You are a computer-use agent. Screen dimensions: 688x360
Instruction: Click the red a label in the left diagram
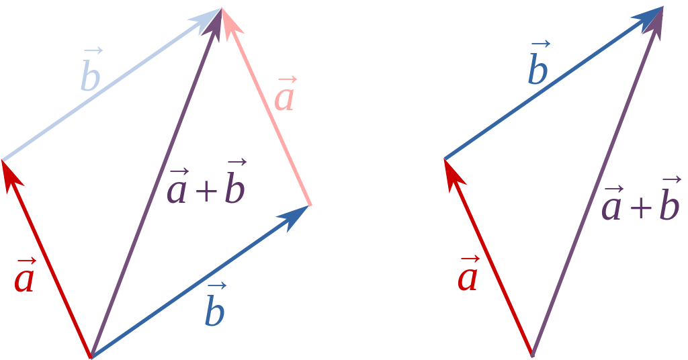click(x=24, y=277)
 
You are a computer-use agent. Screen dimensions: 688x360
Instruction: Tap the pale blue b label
click(x=90, y=75)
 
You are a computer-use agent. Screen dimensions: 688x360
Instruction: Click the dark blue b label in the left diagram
click(x=215, y=310)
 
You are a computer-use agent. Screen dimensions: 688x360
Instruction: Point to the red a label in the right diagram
click(x=468, y=276)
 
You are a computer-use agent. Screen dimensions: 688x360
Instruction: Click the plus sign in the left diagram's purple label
click(x=206, y=192)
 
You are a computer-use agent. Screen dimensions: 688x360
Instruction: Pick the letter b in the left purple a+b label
click(x=234, y=188)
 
